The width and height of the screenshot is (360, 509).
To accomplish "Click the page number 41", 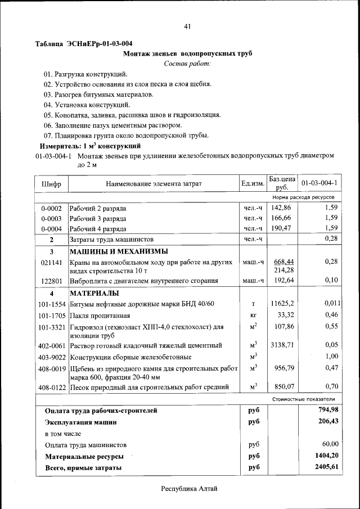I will [187, 26].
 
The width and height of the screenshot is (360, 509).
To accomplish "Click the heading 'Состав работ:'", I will [187, 64].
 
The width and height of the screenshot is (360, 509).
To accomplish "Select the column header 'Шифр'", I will [51, 183].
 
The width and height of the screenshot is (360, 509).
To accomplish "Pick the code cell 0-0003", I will [51, 218].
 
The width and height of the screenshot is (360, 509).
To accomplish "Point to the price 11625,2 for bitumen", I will [282, 304].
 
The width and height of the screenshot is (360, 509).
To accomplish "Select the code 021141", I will [51, 263].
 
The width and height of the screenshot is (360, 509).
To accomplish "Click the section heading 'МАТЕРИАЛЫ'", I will [94, 293].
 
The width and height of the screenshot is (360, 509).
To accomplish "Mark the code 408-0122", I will [51, 387].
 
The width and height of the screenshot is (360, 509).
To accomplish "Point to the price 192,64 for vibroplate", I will [282, 280].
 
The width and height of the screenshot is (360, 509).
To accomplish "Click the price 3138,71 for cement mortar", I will [282, 345].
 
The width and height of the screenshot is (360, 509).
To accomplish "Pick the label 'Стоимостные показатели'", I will [304, 399].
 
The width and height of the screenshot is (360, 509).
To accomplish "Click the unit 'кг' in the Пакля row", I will [253, 315].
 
